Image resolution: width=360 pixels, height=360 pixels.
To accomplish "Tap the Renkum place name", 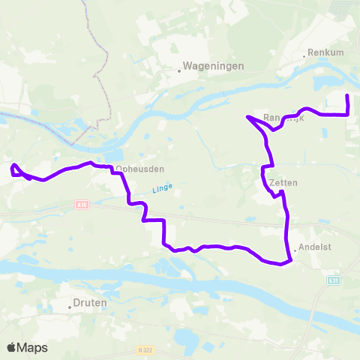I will tap(325, 54).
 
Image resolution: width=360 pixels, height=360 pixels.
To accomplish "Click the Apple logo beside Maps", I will tap(11, 347).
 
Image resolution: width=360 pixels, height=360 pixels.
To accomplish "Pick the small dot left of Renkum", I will tap(306, 55).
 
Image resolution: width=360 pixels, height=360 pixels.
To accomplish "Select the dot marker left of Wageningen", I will tap(180, 71).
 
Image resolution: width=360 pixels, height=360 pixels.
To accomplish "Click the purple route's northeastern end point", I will tap(347, 96).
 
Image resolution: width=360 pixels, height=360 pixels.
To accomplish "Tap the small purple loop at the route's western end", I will tap(16, 169).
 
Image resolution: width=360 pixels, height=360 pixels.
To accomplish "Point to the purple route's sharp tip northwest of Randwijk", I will tap(247, 116).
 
